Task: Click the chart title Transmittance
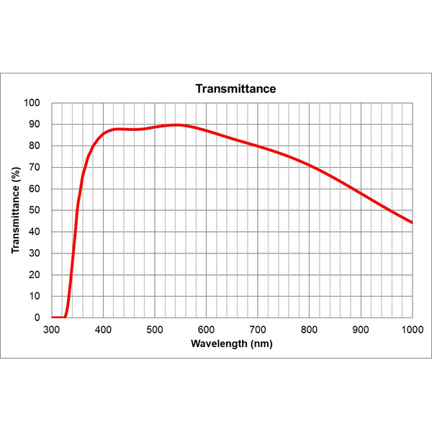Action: (236, 89)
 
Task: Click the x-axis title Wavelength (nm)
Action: (232, 343)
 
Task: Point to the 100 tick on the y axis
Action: (33, 103)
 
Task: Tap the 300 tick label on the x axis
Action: (52, 330)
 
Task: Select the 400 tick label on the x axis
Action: (104, 330)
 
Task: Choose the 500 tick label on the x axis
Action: (155, 330)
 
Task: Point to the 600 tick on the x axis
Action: (207, 330)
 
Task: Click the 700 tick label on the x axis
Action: (258, 330)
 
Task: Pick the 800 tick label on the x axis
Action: (310, 330)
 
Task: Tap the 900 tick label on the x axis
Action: (361, 330)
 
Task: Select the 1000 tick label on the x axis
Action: (411, 330)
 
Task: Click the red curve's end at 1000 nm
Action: (412, 222)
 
